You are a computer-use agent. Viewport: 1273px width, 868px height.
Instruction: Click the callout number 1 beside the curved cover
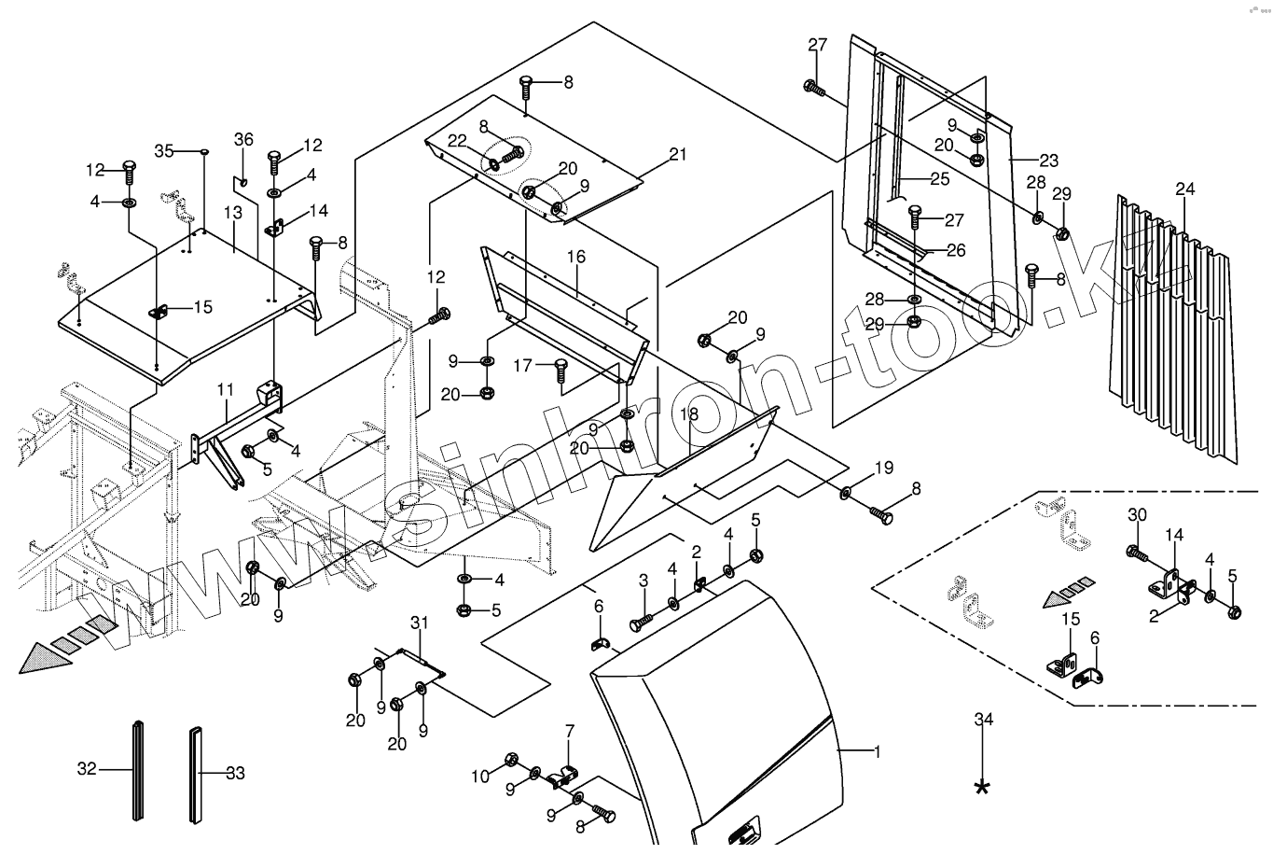(x=876, y=751)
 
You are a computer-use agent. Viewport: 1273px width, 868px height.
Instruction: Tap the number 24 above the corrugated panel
(x=1184, y=189)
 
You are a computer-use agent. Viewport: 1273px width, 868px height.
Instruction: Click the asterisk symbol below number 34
(x=982, y=787)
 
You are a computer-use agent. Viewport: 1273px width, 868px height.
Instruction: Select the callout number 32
(x=86, y=770)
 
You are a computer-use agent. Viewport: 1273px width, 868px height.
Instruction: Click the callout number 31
(x=418, y=623)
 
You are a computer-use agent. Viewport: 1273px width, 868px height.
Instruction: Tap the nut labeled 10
(x=510, y=759)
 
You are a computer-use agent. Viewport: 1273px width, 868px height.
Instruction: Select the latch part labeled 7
(x=564, y=774)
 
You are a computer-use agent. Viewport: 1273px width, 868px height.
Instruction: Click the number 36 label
(x=243, y=139)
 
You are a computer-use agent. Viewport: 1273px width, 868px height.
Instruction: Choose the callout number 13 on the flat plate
(x=232, y=213)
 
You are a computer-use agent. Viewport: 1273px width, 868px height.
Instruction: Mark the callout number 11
(x=225, y=387)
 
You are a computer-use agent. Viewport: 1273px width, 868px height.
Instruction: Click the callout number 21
(x=677, y=154)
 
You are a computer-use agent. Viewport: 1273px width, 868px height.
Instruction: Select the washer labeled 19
(x=845, y=492)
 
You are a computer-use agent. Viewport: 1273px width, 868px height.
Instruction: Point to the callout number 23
(x=1049, y=161)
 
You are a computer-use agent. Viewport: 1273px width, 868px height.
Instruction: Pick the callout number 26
(x=956, y=250)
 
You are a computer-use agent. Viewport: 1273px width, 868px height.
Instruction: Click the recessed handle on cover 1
(x=740, y=832)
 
